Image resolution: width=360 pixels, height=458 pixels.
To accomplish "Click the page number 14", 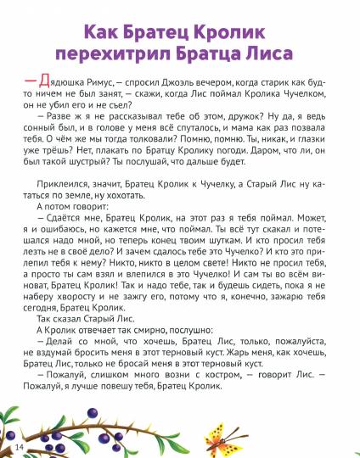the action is (x=20, y=446).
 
